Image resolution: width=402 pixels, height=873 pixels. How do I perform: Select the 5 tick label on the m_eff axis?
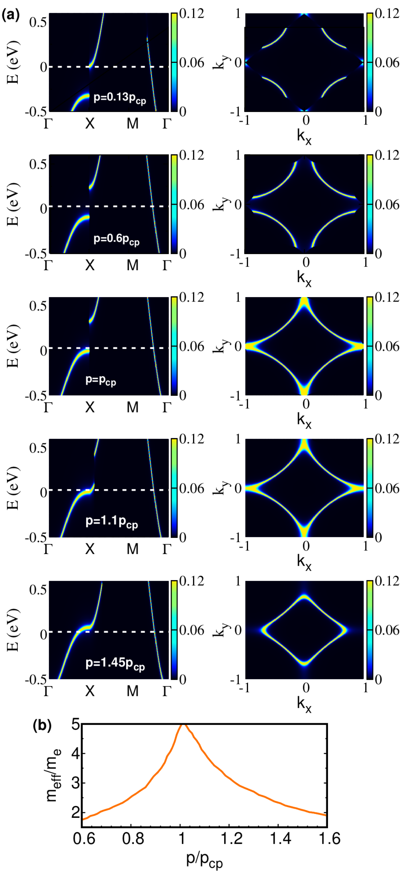pos(75,725)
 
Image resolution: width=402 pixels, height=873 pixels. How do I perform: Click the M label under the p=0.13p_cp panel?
pos(133,124)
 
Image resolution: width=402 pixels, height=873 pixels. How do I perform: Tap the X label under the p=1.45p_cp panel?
pos(90,691)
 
